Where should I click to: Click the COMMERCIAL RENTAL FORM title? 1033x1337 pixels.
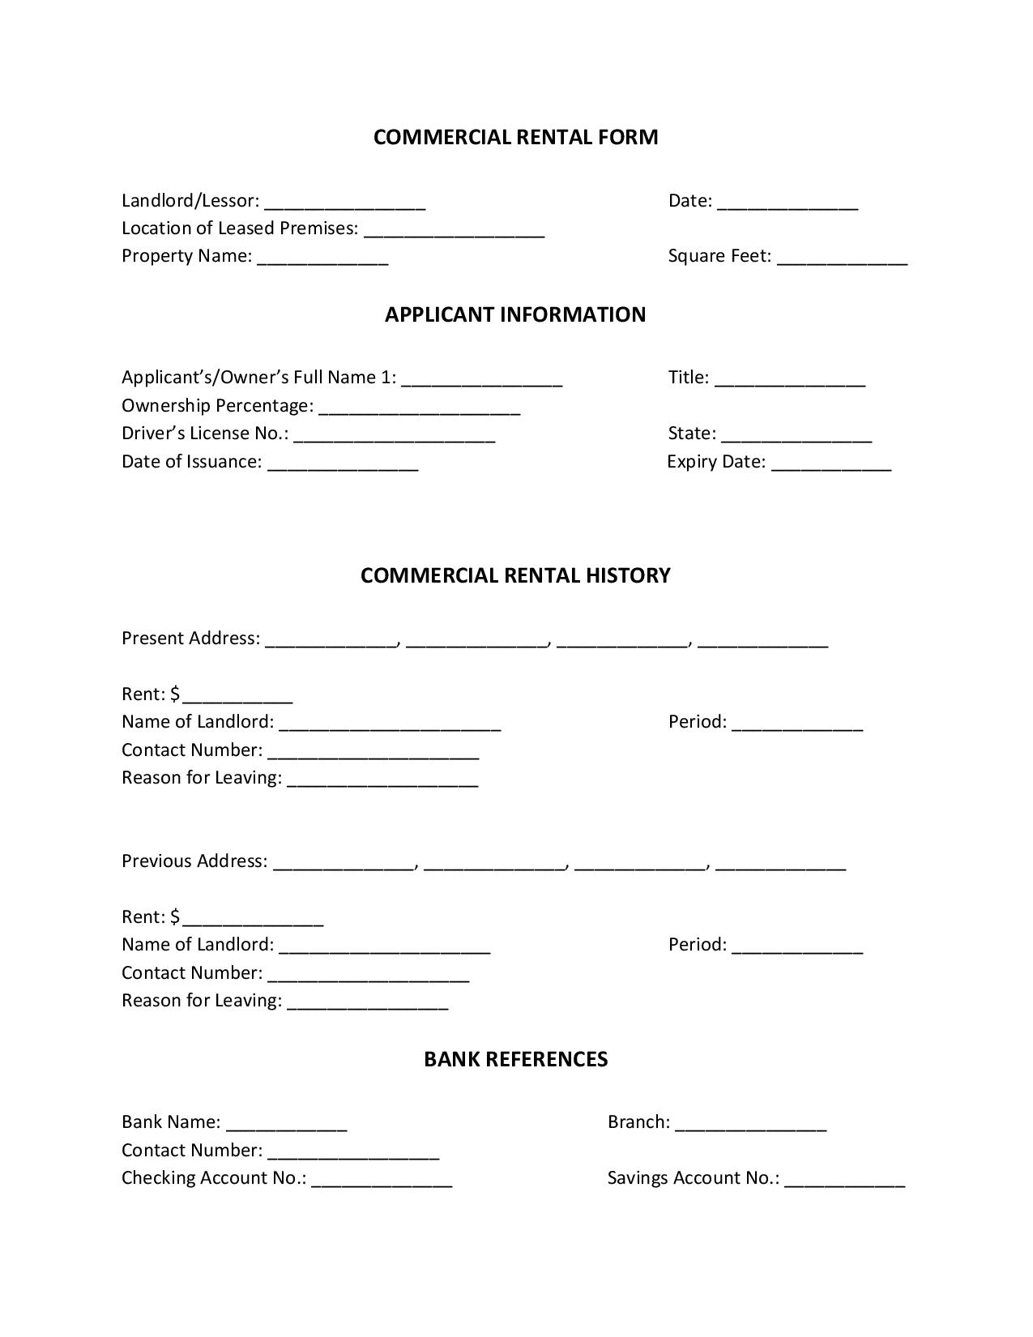point(515,137)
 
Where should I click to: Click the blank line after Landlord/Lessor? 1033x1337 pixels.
point(344,203)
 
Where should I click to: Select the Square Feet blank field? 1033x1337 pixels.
point(842,258)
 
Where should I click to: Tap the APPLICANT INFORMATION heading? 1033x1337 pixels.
point(515,314)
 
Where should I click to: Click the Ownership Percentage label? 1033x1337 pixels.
point(217,405)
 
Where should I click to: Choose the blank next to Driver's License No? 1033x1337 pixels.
point(394,435)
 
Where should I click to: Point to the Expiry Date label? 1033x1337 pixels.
point(716,462)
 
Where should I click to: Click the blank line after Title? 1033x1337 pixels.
point(790,379)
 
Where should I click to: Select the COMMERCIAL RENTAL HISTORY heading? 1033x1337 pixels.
point(515,575)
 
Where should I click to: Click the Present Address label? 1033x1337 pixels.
point(190,639)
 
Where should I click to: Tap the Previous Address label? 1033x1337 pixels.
point(194,861)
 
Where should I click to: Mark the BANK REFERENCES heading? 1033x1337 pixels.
point(515,1060)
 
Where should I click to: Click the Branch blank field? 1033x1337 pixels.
point(750,1124)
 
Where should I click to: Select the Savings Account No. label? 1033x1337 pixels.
point(693,1178)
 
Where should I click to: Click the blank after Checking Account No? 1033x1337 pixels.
point(382,1180)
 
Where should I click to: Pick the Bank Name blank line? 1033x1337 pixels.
point(286,1124)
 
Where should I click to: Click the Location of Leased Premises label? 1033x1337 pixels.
point(239,229)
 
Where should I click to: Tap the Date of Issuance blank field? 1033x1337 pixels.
point(342,463)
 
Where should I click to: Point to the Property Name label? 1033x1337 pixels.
point(186,256)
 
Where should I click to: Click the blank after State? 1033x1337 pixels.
point(796,435)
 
